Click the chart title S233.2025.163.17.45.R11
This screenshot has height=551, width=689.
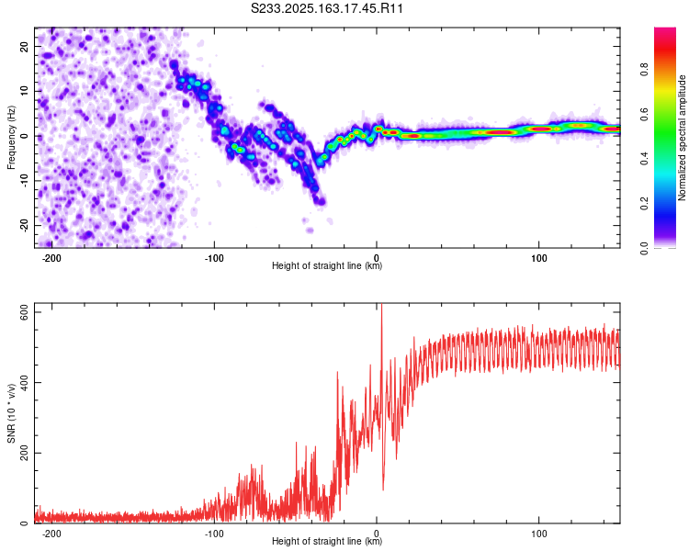pos(326,8)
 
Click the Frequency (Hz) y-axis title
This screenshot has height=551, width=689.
pos(11,138)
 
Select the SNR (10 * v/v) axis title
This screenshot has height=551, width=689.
pos(11,413)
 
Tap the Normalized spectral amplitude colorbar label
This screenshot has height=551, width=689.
pos(682,138)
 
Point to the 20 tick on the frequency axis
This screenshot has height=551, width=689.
pos(24,46)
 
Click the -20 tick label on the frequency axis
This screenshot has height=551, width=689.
pos(24,225)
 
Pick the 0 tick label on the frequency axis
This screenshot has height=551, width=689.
pos(24,136)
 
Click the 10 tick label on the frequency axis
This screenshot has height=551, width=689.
pos(24,91)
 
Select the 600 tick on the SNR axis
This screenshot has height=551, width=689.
pos(24,312)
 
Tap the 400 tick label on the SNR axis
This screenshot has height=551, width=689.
pos(24,382)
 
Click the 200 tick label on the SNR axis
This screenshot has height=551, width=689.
pos(24,453)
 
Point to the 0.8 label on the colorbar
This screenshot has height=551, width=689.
pos(644,69)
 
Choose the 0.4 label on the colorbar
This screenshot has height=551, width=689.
pos(644,158)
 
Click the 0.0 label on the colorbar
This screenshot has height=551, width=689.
pos(644,248)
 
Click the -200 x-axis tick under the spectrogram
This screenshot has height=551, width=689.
pos(51,258)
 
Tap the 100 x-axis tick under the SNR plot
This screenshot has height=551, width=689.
pos(538,534)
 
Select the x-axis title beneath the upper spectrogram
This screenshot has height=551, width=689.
pos(327,265)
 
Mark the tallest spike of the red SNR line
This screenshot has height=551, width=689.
pos(381,304)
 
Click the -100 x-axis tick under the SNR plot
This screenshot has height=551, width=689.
pos(214,534)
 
